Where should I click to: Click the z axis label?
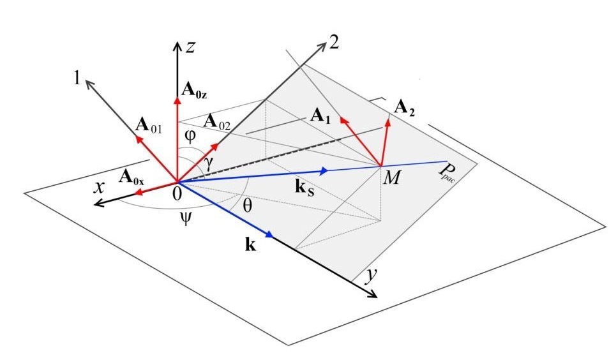(190, 47)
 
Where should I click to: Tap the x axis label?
(100, 187)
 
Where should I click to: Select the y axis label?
(372, 276)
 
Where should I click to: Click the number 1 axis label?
(77, 79)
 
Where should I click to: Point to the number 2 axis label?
(334, 42)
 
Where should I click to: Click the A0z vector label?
(194, 90)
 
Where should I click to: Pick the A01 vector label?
(149, 126)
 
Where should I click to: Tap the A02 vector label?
(216, 122)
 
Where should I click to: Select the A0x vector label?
(132, 177)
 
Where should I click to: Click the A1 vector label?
(320, 116)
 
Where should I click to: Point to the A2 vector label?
(404, 108)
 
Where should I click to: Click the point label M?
(391, 178)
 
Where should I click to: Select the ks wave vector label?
(304, 188)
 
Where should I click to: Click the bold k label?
(250, 244)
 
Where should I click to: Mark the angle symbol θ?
(247, 206)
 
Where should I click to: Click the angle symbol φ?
(190, 136)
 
